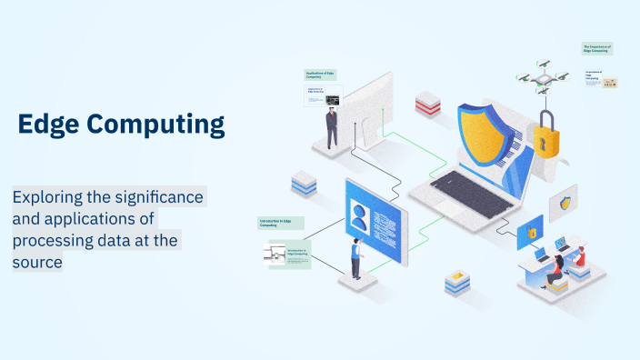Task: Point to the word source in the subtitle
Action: coord(37,262)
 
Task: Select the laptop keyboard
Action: coord(463,192)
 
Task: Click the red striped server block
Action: coord(427,105)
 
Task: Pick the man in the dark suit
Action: coord(332,127)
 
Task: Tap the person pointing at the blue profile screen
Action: coord(356,261)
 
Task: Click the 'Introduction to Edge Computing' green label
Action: coord(280,222)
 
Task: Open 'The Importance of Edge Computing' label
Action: coord(597,48)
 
